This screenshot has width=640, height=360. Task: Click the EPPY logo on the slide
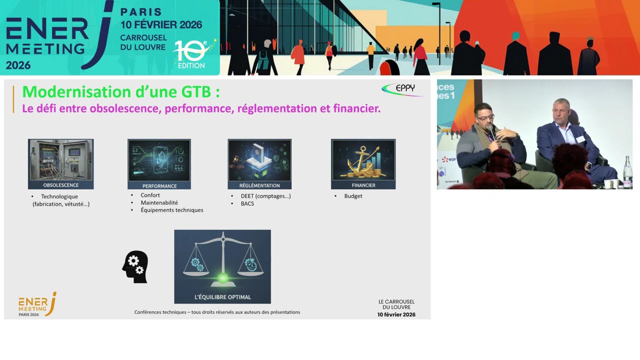402,89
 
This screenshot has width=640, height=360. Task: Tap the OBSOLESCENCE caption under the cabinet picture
61,185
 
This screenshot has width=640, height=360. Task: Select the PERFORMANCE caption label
159,186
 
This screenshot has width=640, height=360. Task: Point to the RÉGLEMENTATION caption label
259,185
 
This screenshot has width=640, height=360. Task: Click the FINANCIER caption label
363,185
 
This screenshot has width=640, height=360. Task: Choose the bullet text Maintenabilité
159,202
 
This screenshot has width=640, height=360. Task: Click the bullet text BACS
247,203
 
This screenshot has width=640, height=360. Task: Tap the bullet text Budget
353,196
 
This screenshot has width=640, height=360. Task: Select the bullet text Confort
150,195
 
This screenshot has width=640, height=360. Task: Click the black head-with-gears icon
135,266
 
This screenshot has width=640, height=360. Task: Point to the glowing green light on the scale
222,278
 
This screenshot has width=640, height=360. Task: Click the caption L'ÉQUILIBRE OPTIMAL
222,297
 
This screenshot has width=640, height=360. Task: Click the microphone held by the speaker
491,132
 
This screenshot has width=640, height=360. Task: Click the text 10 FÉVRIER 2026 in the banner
161,25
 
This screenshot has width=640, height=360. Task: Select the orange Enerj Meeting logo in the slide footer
37,304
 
